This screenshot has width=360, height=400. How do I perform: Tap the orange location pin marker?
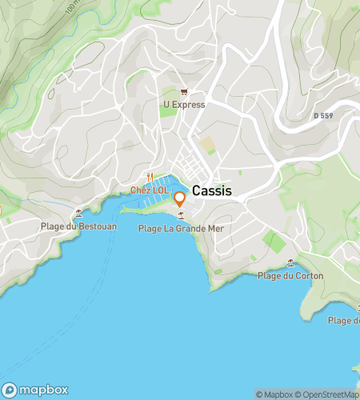[180, 198]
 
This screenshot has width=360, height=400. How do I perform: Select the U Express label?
[184, 105]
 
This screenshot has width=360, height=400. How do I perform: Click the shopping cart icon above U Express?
[184, 93]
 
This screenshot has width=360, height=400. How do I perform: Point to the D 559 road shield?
[322, 116]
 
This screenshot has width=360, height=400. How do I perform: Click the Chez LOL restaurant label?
[150, 190]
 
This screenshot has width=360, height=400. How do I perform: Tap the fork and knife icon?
[150, 178]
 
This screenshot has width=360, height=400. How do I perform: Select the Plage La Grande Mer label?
[181, 229]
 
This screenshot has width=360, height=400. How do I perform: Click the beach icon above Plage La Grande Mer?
[181, 216]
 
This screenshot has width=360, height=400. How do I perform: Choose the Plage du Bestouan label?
[78, 226]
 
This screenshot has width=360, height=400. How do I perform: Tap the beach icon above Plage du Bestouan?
[78, 214]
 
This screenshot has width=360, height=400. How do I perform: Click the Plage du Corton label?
[290, 276]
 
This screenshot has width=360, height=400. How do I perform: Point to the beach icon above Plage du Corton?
[290, 263]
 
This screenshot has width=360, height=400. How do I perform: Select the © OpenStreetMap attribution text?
[328, 394]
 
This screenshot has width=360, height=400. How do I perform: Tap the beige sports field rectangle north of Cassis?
[208, 146]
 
